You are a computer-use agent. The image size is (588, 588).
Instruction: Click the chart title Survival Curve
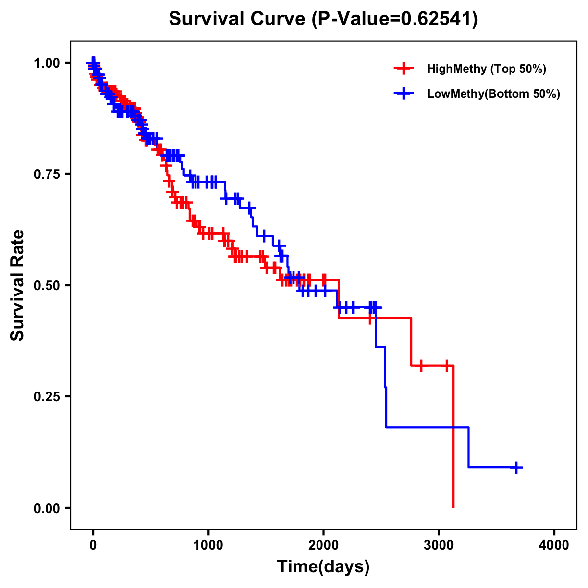coord(239,19)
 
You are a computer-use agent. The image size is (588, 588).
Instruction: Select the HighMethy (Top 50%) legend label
coord(487,69)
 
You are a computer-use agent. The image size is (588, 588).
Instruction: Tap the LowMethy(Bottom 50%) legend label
coord(493,94)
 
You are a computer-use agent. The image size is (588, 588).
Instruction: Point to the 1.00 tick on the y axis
coord(47,63)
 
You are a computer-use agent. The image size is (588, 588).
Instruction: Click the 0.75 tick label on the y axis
coord(47,174)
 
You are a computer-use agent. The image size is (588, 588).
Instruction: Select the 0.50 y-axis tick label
coord(47,285)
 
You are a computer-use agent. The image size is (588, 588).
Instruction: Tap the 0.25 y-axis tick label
coord(47,396)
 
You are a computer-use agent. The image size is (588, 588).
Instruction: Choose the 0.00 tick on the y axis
coord(47,508)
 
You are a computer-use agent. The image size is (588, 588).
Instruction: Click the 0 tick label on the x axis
coord(93,545)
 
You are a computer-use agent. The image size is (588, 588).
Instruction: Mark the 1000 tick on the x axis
coord(208,545)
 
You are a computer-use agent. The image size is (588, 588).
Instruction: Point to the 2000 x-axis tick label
coord(323,545)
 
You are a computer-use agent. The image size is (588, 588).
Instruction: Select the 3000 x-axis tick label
coord(439,545)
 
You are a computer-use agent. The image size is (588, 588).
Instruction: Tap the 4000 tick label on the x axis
coord(554,545)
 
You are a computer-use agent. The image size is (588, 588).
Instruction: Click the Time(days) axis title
coord(323,567)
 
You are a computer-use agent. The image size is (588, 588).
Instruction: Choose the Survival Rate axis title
coord(18,285)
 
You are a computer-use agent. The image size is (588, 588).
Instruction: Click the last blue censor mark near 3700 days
coord(516,467)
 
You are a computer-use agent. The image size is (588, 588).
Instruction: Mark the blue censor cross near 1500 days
coord(264,236)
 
